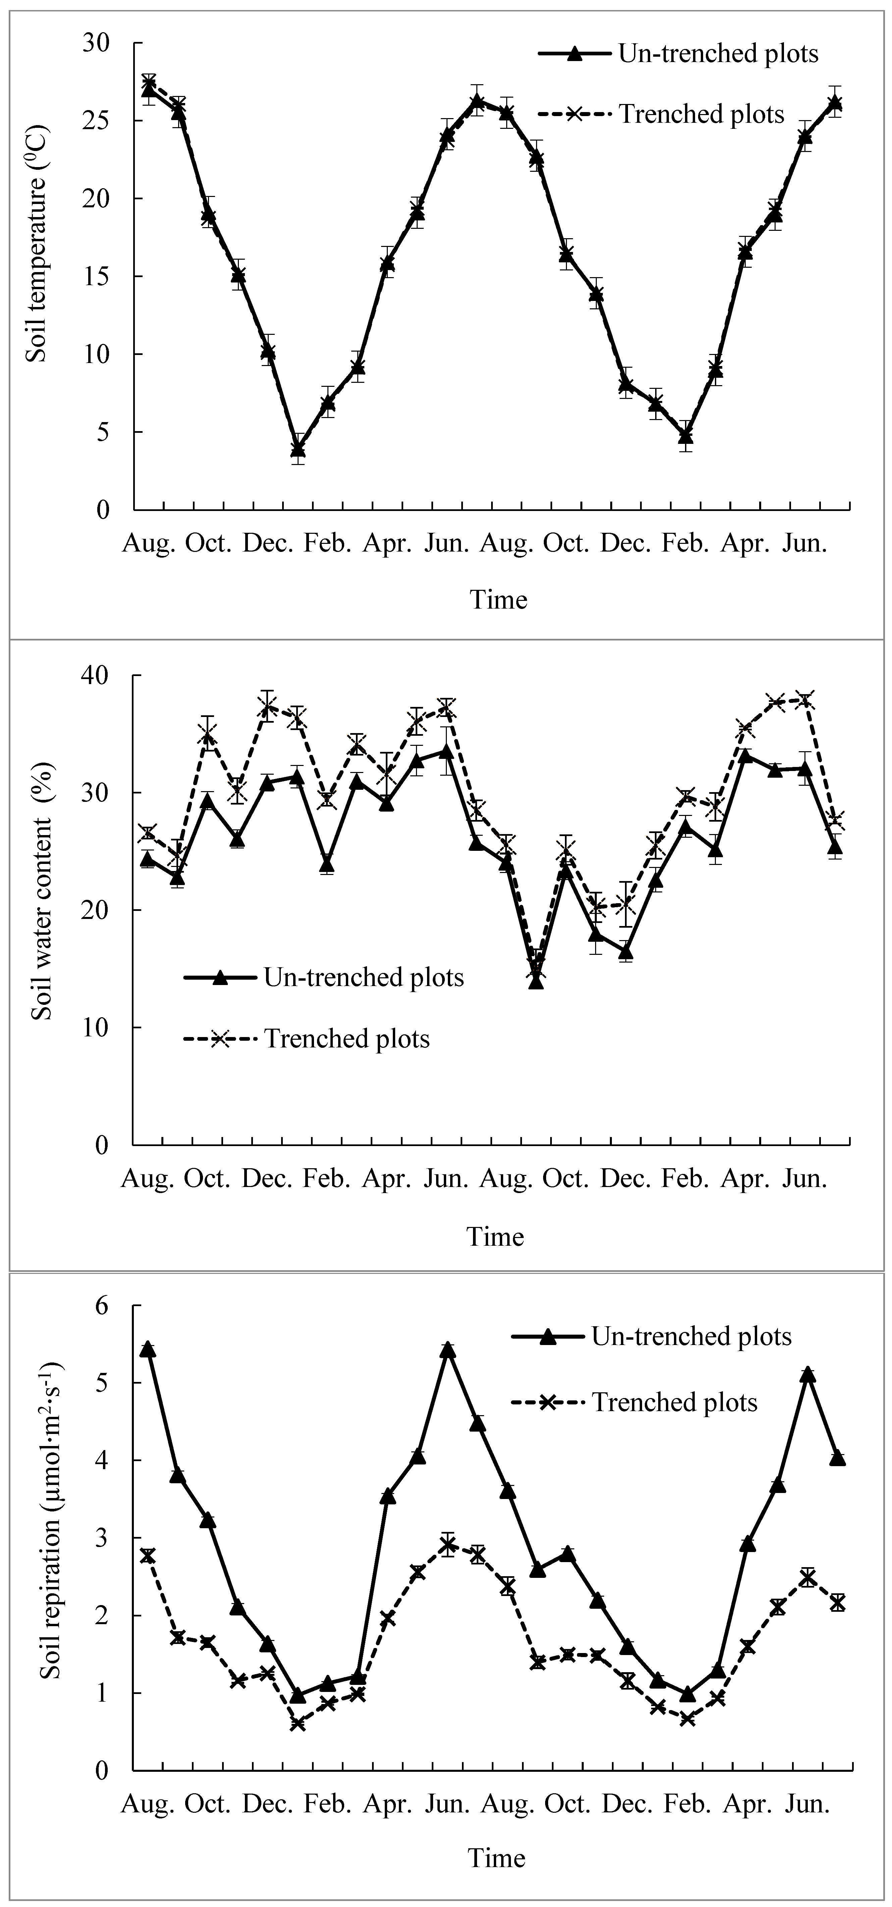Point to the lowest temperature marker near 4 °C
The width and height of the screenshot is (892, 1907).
pos(298,449)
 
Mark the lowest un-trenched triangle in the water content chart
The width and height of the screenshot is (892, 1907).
pos(536,981)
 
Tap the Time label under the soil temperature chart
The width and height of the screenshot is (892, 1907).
pos(498,600)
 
